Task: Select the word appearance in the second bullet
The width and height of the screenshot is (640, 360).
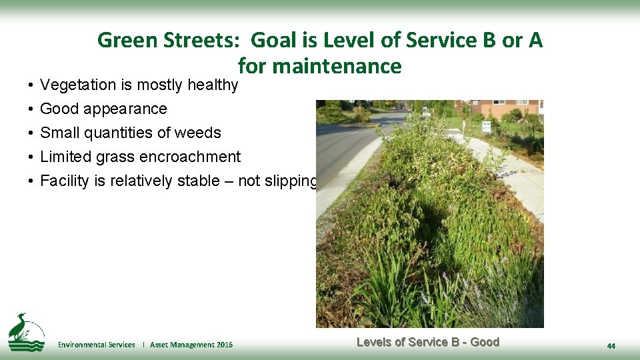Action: pos(125,109)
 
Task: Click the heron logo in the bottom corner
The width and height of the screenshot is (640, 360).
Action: pos(25,331)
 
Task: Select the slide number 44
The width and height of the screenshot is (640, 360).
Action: pos(611,346)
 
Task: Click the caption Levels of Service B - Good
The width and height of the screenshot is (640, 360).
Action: pos(427,342)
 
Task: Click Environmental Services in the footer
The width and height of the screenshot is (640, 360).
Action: pos(96,345)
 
